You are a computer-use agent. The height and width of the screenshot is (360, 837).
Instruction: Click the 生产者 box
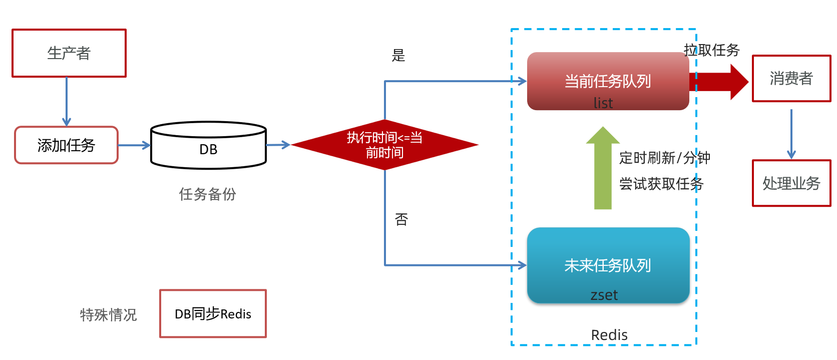click(69, 53)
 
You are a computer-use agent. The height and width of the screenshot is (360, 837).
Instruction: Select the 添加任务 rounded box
click(66, 145)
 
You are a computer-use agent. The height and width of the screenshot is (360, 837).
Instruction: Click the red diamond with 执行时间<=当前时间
click(384, 145)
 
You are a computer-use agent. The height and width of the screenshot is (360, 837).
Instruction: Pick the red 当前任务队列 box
click(608, 81)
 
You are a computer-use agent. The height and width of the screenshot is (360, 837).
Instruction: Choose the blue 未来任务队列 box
click(608, 265)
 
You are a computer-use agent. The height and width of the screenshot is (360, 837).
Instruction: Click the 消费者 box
click(791, 79)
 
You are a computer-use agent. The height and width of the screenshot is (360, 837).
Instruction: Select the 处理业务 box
click(791, 183)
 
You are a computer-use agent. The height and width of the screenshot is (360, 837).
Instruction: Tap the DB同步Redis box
click(213, 313)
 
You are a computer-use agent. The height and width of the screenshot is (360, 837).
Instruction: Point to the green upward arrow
click(603, 170)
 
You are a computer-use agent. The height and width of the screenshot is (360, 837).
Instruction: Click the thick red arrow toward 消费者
click(721, 82)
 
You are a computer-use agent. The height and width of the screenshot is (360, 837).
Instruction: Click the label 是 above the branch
click(398, 55)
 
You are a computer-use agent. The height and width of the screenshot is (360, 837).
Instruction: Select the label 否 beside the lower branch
click(401, 219)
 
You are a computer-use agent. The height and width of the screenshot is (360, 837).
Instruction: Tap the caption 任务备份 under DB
click(207, 194)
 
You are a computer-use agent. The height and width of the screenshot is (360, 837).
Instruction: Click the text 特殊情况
click(108, 315)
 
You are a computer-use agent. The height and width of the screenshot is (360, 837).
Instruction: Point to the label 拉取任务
click(711, 50)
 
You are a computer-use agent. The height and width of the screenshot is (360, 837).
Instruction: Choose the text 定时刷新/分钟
click(664, 158)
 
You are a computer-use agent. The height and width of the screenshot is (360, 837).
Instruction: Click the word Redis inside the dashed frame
click(609, 335)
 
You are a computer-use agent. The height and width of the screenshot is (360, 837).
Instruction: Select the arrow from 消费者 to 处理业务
click(791, 134)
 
